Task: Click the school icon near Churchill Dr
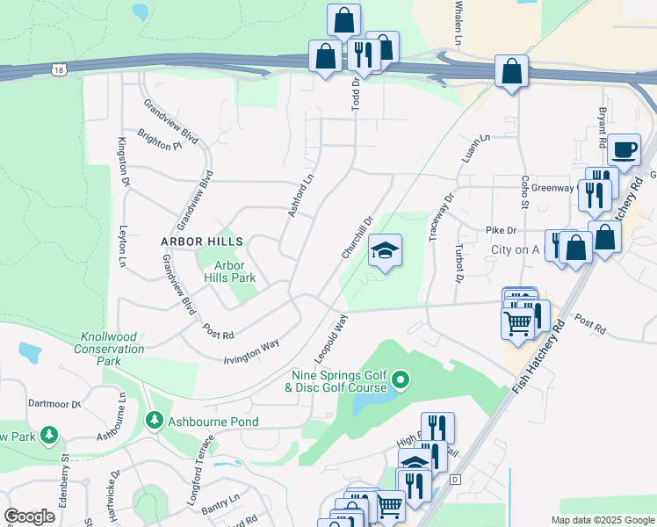[x=385, y=252]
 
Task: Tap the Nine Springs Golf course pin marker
[x=401, y=380]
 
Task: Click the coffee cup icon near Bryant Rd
[x=624, y=150]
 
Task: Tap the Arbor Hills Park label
[x=229, y=271]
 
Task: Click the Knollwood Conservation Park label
[x=112, y=349]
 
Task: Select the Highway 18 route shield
[x=59, y=69]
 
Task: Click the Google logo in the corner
[x=30, y=516]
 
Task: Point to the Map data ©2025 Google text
[x=602, y=520]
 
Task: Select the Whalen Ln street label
[x=458, y=22]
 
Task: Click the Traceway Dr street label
[x=441, y=217]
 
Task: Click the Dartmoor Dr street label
[x=53, y=404]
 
